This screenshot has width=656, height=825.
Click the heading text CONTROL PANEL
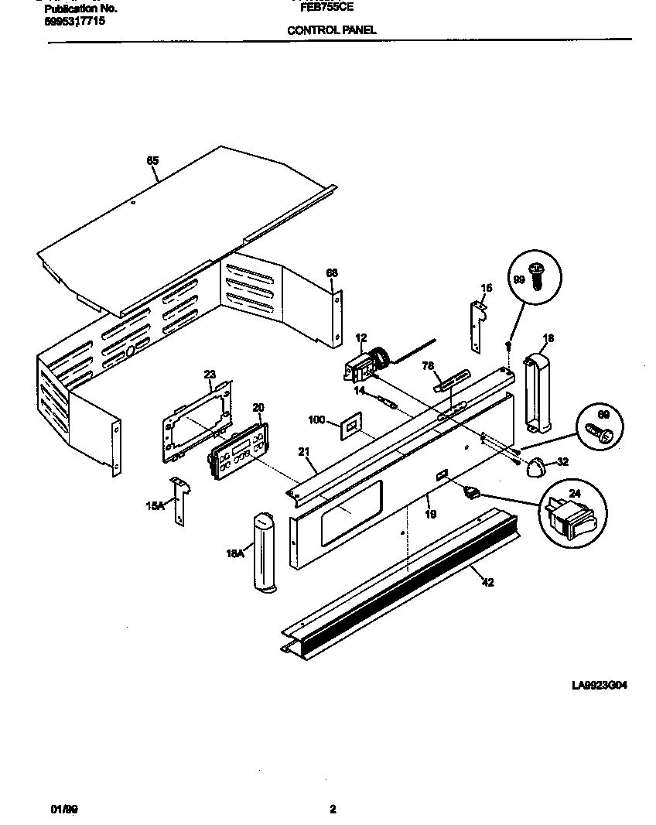tap(331, 30)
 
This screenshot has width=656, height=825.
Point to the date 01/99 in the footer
tap(64, 810)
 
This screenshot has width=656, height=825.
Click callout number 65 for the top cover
tap(152, 161)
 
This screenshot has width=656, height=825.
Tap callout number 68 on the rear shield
tap(331, 272)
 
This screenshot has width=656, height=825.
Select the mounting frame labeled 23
tap(198, 422)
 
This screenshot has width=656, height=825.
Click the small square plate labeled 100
tap(350, 424)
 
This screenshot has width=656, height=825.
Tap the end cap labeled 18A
tap(262, 552)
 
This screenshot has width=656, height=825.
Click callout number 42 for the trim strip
tap(487, 582)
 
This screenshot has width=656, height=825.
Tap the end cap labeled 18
tap(538, 390)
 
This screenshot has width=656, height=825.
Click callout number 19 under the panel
tap(430, 512)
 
